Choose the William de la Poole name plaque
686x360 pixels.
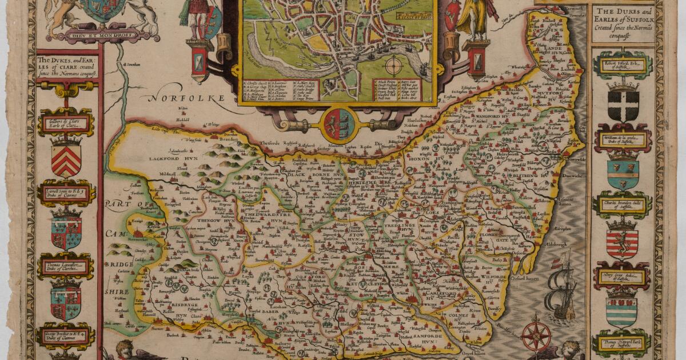click(622, 138)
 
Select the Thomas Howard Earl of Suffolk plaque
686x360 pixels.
click(623, 344)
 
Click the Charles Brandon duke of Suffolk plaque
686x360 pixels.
click(622, 204)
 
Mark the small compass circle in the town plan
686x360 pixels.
click(394, 62)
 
